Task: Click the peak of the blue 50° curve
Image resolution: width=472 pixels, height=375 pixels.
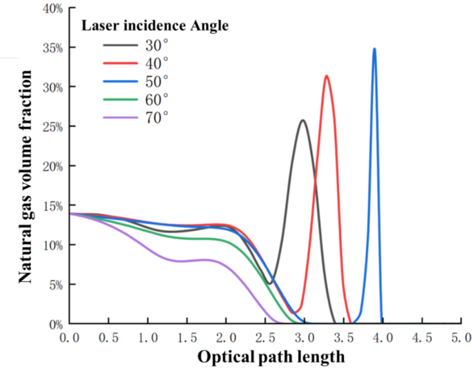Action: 374,49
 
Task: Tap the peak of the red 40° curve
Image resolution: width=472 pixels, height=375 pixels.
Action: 326,76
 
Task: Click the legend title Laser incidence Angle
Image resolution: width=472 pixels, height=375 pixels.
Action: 156,27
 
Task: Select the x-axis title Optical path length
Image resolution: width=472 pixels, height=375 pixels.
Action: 271,357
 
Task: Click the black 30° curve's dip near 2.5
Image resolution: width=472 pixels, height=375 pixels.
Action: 269,283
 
